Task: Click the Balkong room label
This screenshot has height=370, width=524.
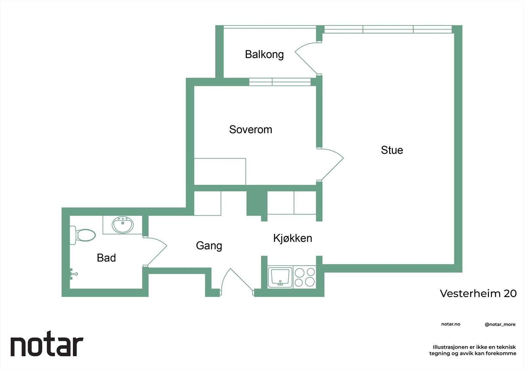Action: [264, 54]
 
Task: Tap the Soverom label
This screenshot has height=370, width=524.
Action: [251, 130]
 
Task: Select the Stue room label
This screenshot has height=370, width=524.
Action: [392, 150]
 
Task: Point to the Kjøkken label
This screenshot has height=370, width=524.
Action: [292, 238]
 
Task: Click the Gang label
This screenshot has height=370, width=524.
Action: [209, 246]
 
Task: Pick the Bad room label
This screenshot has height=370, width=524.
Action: [106, 258]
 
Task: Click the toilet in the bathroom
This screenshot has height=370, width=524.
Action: [83, 235]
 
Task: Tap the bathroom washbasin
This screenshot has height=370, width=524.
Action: [123, 225]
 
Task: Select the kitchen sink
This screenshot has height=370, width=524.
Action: [280, 277]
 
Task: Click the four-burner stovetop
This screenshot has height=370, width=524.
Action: [305, 277]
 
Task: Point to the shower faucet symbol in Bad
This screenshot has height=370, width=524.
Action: [73, 274]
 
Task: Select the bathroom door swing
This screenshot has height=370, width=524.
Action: [157, 251]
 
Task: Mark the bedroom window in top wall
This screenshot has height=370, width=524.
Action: [280, 82]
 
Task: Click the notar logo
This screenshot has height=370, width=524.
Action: [47, 346]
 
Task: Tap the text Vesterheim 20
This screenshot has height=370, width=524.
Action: [478, 293]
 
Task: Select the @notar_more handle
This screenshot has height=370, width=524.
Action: [500, 325]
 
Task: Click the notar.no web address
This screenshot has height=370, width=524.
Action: [451, 324]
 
